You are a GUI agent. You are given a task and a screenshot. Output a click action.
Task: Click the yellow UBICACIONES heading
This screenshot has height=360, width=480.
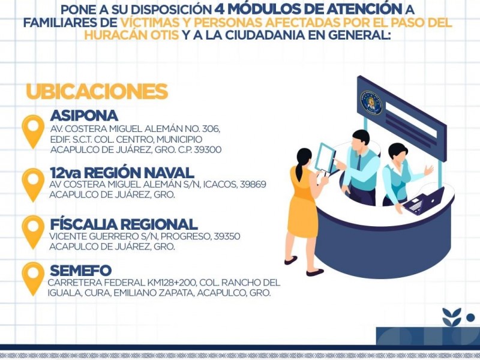tap(97, 91)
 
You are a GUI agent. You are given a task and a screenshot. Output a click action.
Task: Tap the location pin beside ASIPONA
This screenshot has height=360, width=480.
tap(33, 131)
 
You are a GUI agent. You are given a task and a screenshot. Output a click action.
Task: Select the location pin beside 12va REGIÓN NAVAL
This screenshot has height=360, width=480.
tap(33, 184)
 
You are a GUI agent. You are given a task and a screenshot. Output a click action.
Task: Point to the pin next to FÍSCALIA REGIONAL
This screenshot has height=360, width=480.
tap(33, 232)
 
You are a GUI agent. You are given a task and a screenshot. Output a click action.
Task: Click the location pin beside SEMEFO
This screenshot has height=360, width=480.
tap(33, 278)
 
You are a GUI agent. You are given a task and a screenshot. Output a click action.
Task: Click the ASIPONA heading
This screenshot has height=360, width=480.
tap(84, 116)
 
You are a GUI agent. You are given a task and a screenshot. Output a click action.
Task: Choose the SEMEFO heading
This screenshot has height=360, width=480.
tap(81, 271)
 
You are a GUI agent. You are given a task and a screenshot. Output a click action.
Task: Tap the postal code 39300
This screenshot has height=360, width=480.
tap(208, 149)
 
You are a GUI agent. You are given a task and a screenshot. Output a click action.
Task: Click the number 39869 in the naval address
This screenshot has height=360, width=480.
tap(253, 184)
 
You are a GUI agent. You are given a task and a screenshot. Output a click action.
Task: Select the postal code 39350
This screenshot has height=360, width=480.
tap(227, 236)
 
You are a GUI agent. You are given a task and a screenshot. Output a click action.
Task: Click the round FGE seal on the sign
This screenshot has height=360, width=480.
tap(371, 103)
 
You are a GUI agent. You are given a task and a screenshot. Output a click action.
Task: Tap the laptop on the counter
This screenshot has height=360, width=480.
tap(424, 201)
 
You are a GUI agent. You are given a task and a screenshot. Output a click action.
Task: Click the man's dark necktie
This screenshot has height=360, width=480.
tap(358, 163)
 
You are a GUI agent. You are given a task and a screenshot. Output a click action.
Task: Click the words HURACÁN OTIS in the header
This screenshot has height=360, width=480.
tap(131, 35)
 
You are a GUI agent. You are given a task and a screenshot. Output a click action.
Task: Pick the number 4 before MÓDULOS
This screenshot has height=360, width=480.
tap(219, 9)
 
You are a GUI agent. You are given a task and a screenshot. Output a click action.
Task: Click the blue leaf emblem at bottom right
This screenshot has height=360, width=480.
tap(452, 317)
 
